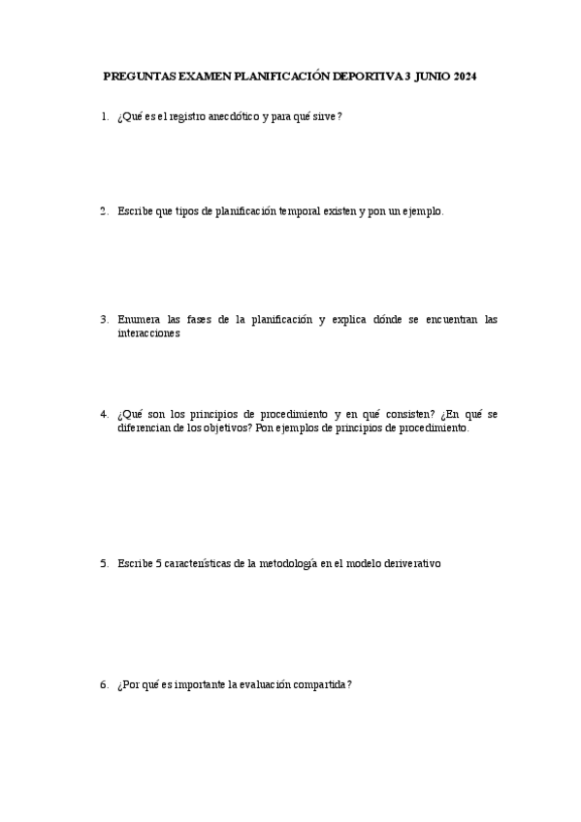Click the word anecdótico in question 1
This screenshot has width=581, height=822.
click(231, 117)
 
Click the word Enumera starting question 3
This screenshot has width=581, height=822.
click(139, 319)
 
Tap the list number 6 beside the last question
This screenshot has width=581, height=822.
click(103, 684)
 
